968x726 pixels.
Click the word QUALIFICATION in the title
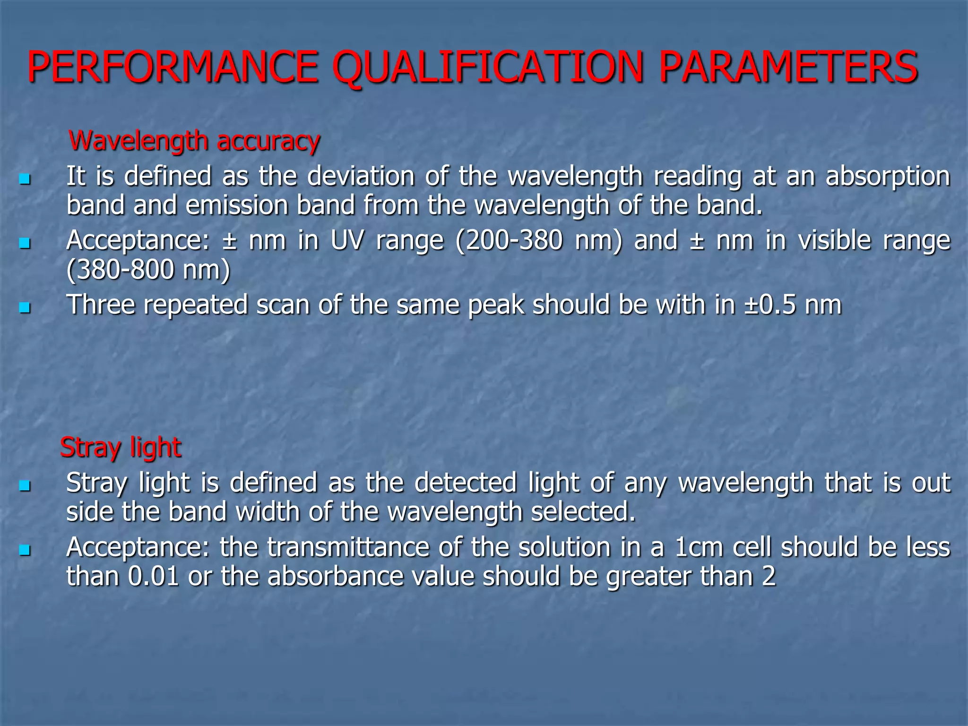494,68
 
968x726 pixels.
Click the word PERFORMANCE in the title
173,68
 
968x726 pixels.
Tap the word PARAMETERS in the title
787,68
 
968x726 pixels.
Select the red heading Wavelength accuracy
194,141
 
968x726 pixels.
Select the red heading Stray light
121,447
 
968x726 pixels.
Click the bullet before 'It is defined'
25,180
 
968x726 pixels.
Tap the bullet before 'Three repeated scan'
25,308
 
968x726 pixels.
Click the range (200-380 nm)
539,241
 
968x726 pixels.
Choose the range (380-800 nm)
148,270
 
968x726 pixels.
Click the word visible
834,241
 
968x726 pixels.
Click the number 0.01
153,577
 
